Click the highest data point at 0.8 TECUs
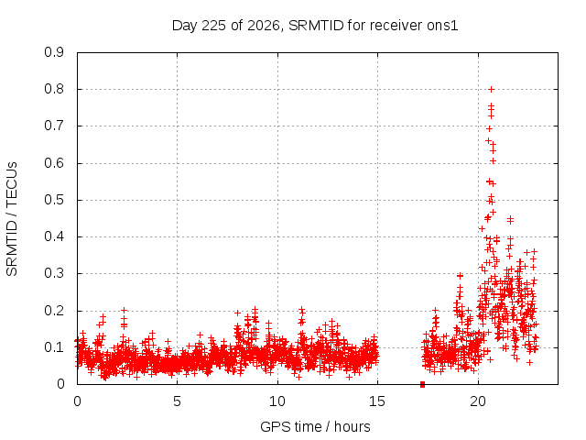point(492,90)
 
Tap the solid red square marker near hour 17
point(422,384)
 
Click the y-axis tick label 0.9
point(54,52)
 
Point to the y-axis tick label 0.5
point(54,200)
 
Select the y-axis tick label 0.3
point(54,273)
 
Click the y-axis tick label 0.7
point(54,126)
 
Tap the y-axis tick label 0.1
point(54,347)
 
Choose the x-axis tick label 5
point(177,401)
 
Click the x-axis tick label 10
point(277,401)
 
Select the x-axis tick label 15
point(377,401)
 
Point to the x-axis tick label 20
point(478,401)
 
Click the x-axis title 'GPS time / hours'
point(315,427)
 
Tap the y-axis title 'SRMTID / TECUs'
point(12,219)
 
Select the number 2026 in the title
point(264,26)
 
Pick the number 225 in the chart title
point(213,26)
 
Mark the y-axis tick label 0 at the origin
point(60,384)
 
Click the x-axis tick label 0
point(77,401)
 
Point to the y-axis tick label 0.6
point(54,163)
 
